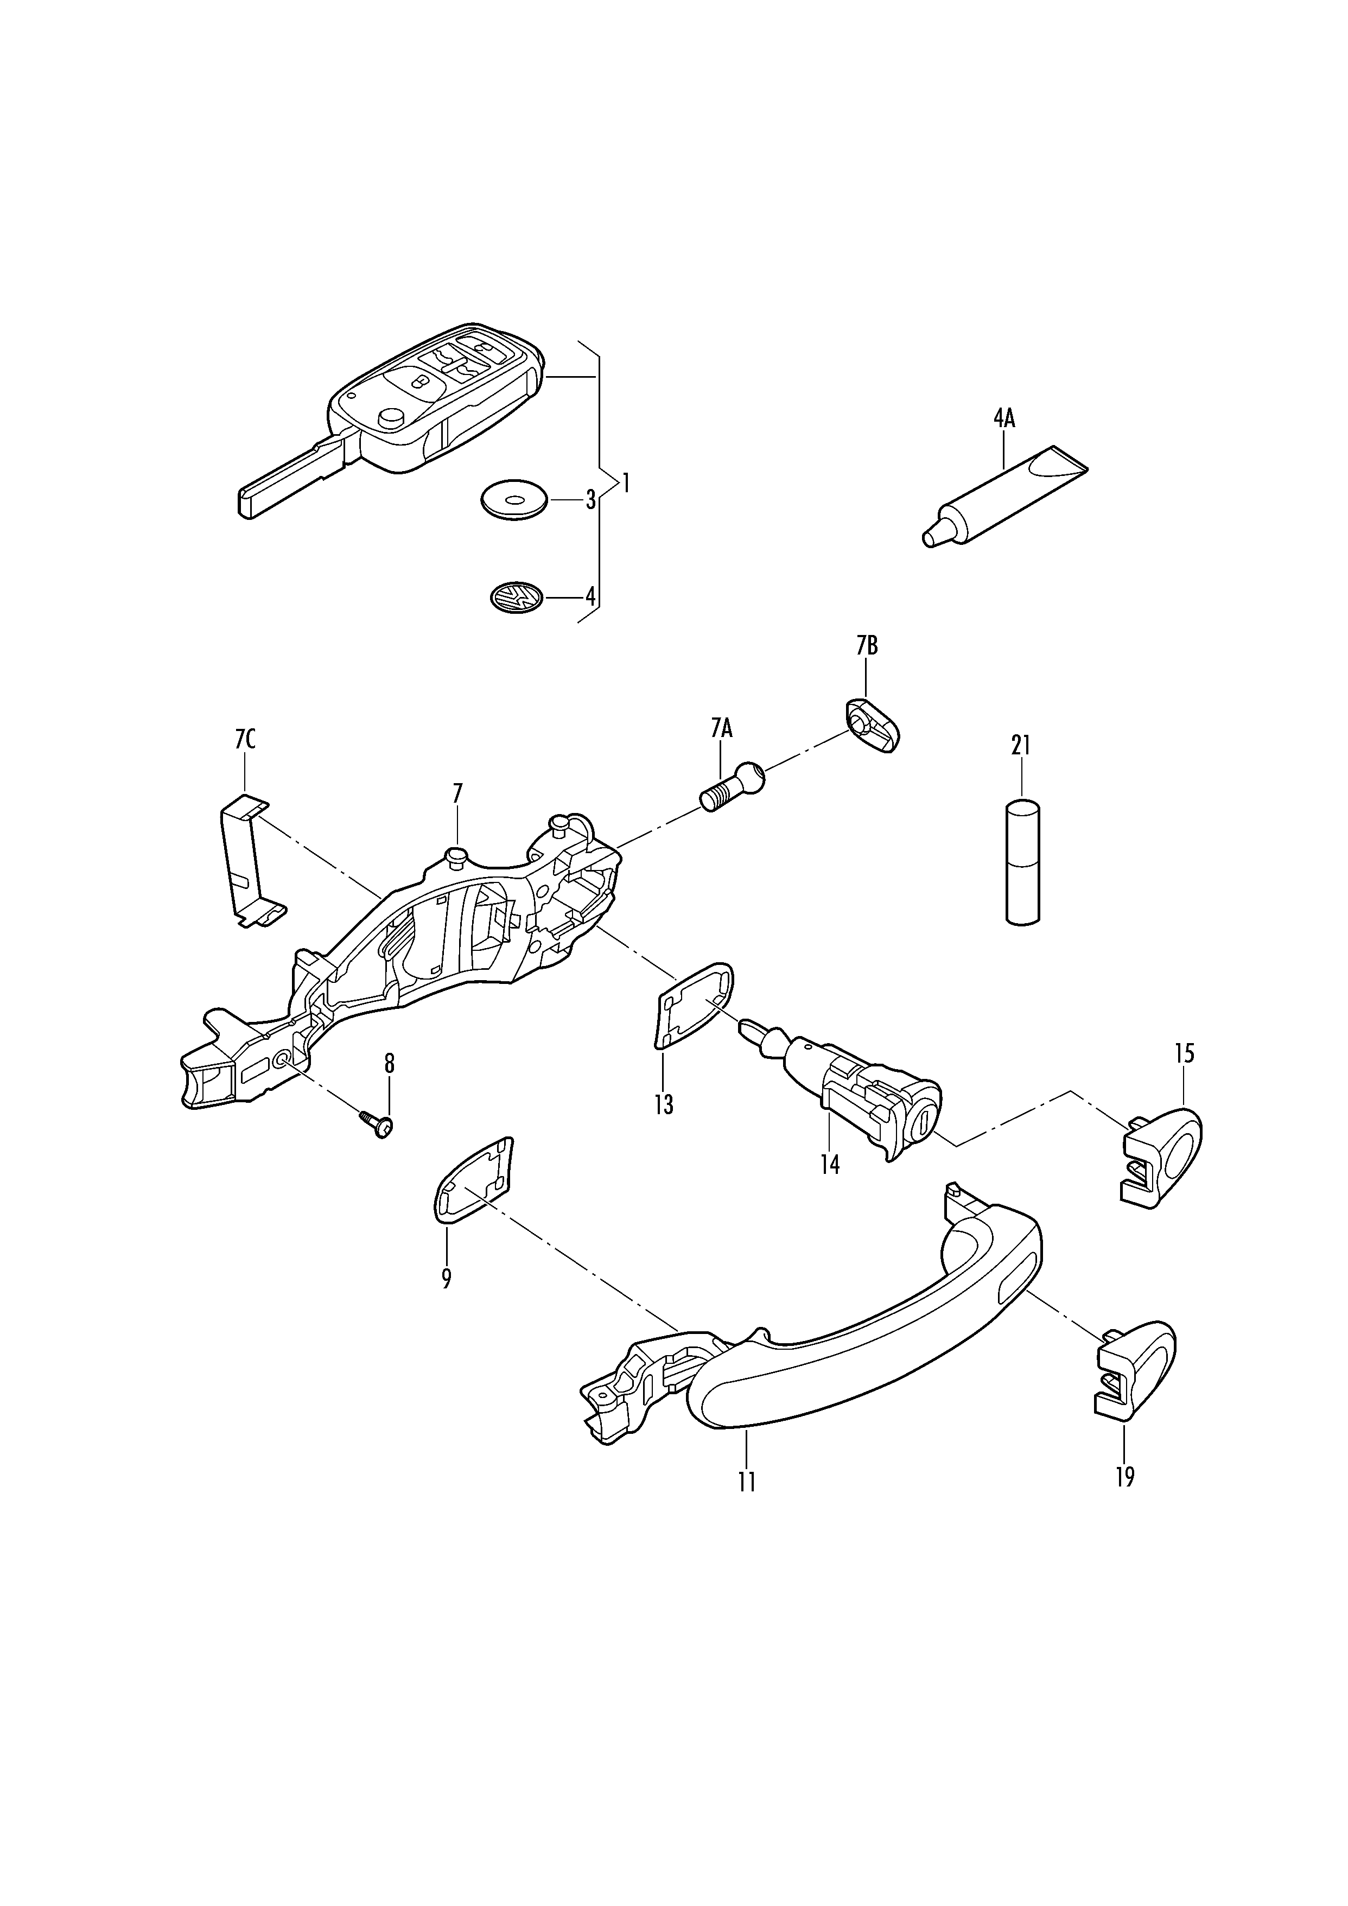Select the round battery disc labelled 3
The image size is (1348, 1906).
coord(514,500)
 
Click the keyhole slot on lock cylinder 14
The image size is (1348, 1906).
coord(920,1124)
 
